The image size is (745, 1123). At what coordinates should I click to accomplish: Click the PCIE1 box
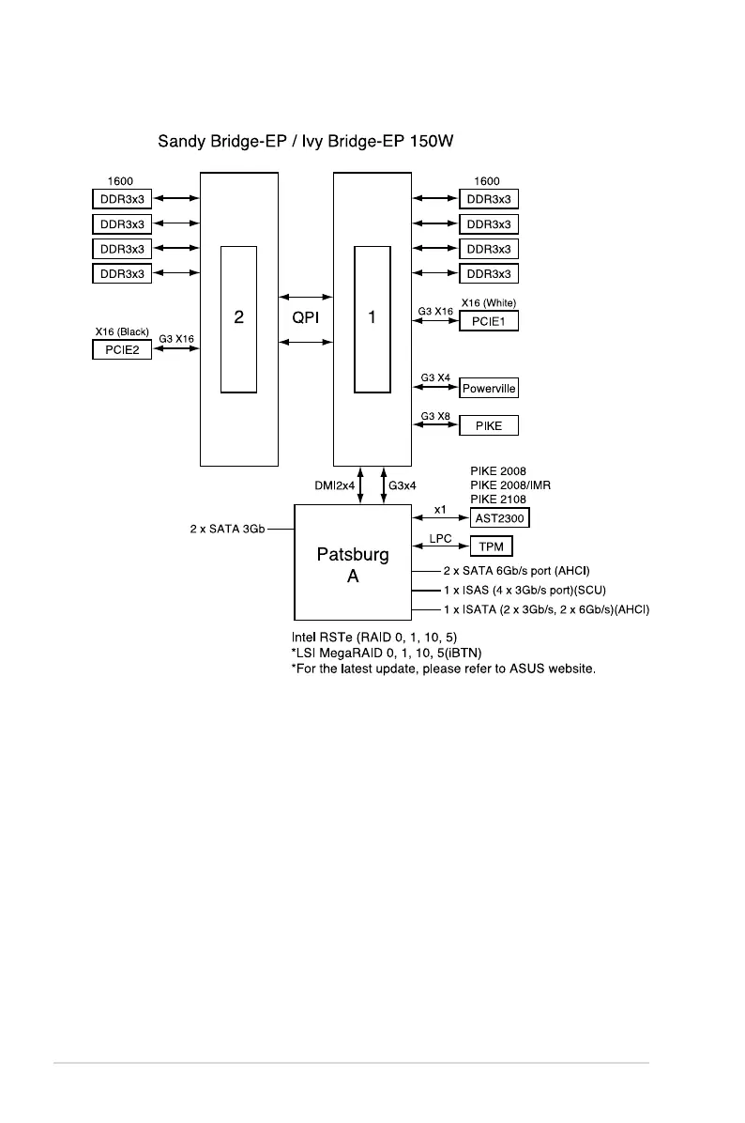click(488, 321)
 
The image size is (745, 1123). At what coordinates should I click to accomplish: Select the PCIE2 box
click(121, 350)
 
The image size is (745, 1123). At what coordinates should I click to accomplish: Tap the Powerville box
click(488, 389)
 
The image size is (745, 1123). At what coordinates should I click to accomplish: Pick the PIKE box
click(488, 425)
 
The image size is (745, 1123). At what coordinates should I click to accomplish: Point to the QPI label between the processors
click(306, 317)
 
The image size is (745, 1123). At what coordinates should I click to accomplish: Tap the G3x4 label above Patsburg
click(403, 485)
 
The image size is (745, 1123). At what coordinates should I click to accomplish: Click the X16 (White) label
click(489, 302)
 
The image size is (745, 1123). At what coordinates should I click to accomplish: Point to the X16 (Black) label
click(122, 331)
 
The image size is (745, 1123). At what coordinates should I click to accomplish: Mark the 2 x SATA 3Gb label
click(228, 529)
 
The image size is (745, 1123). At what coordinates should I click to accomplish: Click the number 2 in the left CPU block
click(239, 317)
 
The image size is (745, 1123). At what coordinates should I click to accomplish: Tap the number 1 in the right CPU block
click(372, 317)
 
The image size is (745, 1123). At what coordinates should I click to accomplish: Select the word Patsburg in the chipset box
click(353, 555)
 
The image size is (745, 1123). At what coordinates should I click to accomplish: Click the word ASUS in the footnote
click(522, 669)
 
